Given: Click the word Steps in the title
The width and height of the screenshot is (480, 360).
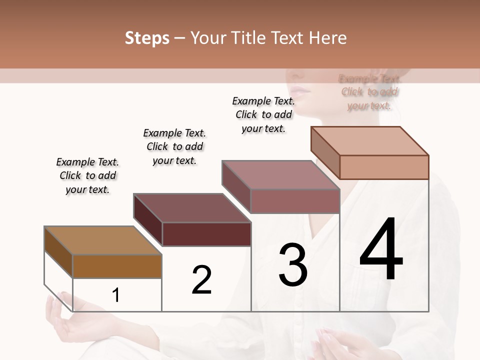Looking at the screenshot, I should pyautogui.click(x=147, y=38).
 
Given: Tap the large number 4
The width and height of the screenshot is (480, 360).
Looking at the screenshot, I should pyautogui.click(x=381, y=250).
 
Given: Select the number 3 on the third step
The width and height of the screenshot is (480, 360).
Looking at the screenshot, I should pyautogui.click(x=293, y=265).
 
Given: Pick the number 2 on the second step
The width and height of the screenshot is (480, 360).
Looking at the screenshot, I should pyautogui.click(x=202, y=280).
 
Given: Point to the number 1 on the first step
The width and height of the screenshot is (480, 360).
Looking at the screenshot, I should pyautogui.click(x=116, y=295).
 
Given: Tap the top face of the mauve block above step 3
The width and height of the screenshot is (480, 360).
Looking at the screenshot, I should pyautogui.click(x=280, y=175).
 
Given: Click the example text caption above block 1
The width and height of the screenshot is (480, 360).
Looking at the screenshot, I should pyautogui.click(x=87, y=175).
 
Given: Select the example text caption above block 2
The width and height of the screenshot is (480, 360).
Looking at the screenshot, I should pyautogui.click(x=174, y=146).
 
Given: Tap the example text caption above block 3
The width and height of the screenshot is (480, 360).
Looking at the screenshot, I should pyautogui.click(x=263, y=114).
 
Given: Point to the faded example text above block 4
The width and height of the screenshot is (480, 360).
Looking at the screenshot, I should pyautogui.click(x=369, y=92).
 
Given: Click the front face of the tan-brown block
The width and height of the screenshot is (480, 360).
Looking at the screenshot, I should pyautogui.click(x=117, y=266).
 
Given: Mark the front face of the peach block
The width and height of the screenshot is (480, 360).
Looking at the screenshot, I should pyautogui.click(x=384, y=167).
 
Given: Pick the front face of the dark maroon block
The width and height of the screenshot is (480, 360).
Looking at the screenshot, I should pyautogui.click(x=206, y=234).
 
